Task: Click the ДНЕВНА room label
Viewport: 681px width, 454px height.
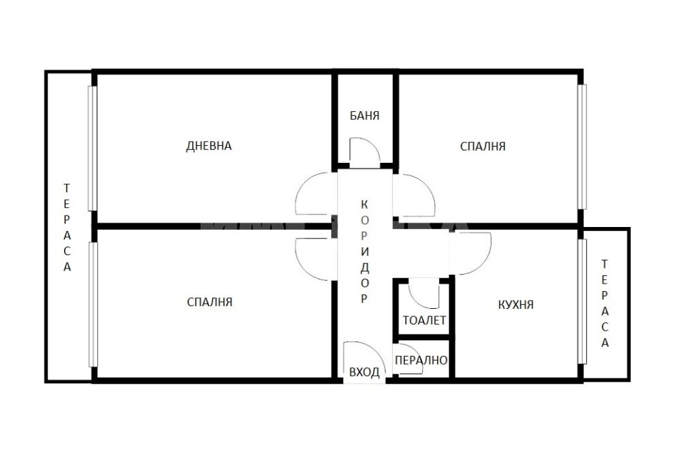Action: coord(209,146)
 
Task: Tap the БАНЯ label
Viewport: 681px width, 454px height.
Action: coord(364,116)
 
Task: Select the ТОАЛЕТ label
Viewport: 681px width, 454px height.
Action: coord(424,320)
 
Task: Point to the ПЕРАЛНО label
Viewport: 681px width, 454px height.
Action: coord(421,360)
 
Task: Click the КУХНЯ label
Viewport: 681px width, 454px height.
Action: coord(516,305)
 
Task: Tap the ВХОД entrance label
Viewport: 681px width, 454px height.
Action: coord(364,372)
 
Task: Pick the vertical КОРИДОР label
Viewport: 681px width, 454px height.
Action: coord(364,252)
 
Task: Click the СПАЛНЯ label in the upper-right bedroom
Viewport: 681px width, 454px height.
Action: coord(483,146)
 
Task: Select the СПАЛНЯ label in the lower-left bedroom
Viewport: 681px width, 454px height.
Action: coord(210,302)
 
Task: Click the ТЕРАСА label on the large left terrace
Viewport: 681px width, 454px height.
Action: coord(67,228)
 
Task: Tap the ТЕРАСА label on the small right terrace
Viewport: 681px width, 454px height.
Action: coord(605,303)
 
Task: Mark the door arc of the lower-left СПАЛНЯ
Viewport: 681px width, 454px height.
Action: coord(302,266)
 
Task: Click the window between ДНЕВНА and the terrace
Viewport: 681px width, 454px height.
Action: coord(92,149)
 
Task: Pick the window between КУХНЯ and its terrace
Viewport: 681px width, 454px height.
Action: coord(582,301)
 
